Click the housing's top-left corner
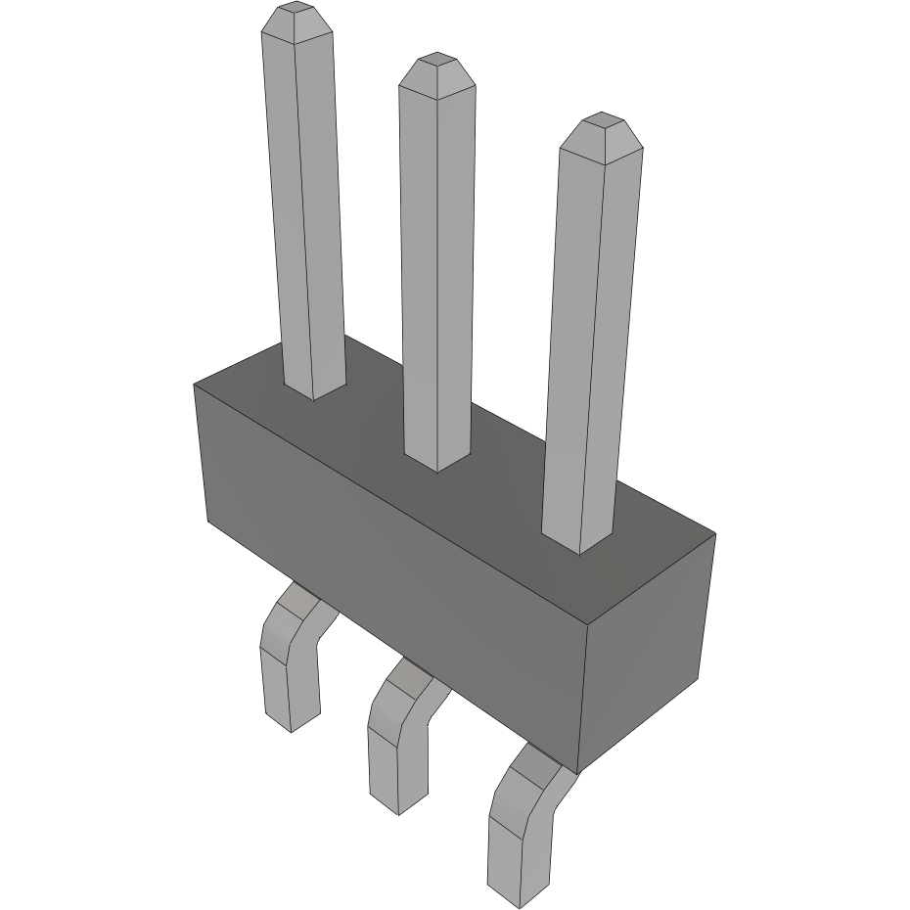(195, 386)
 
